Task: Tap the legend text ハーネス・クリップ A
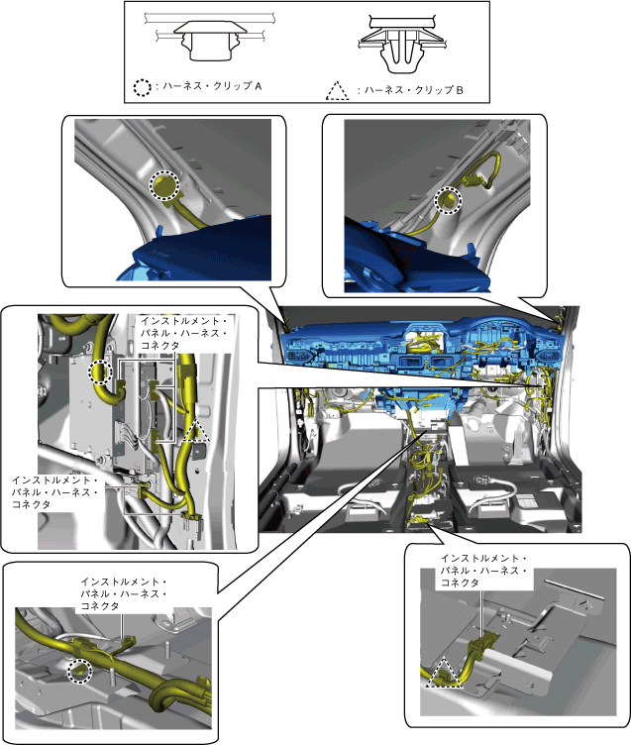click(x=212, y=86)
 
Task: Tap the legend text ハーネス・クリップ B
click(x=414, y=90)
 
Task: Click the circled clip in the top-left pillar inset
click(x=164, y=186)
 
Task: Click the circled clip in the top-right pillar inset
click(x=449, y=200)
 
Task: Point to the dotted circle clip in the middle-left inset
click(x=101, y=372)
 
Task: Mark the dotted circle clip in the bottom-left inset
click(x=79, y=671)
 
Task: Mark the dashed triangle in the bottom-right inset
click(x=444, y=675)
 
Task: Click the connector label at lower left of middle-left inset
click(x=54, y=491)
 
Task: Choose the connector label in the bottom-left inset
click(x=123, y=593)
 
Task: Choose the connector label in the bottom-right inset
click(x=483, y=570)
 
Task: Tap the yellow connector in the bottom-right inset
click(x=481, y=645)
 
